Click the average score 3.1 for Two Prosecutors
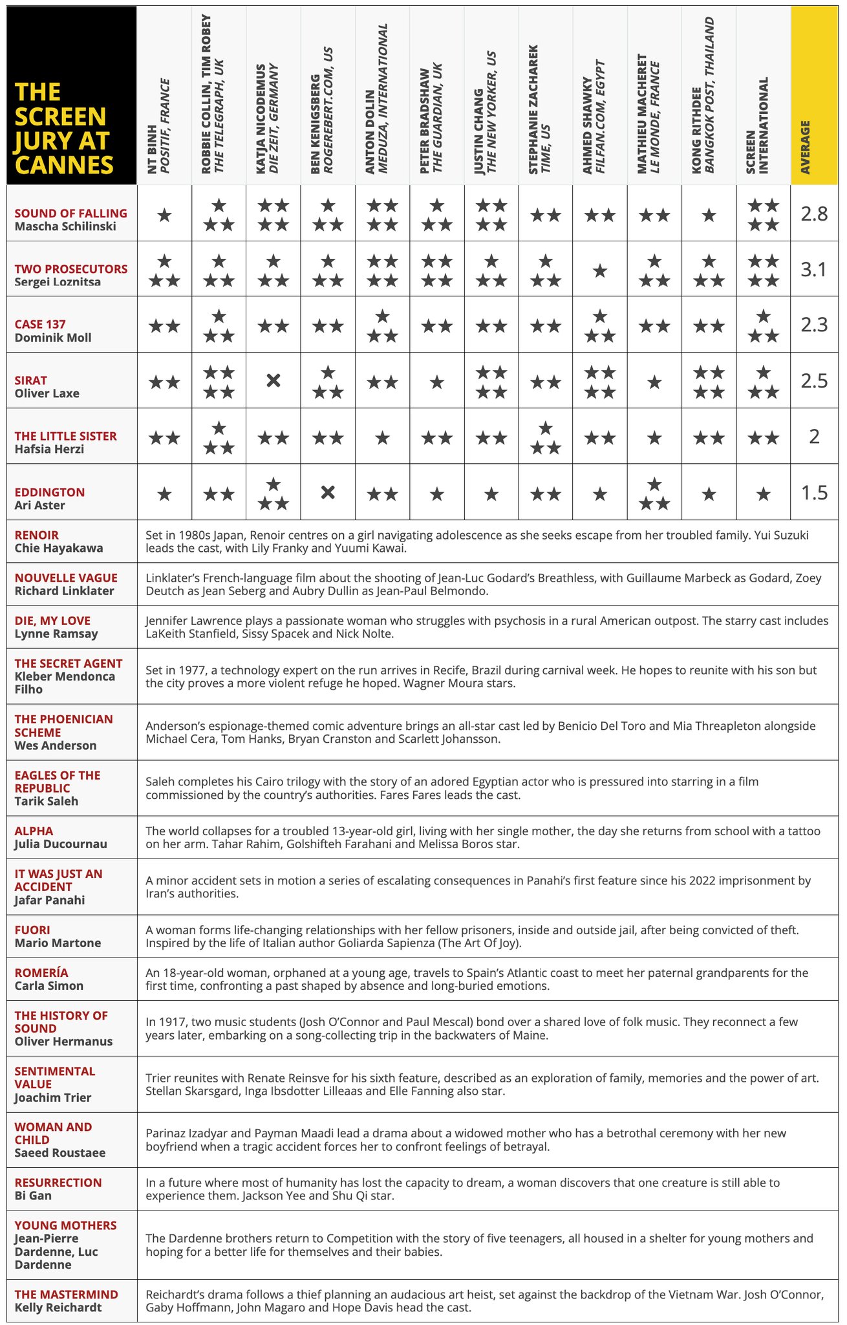tap(814, 269)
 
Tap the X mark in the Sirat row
tap(273, 380)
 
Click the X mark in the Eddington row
tap(328, 492)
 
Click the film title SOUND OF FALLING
tap(70, 214)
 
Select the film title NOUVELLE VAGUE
tap(66, 578)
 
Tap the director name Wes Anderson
tap(56, 745)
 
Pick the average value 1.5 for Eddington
tap(814, 493)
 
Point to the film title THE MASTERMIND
tap(66, 1294)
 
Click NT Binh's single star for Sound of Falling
tap(164, 215)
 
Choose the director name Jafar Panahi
tap(50, 900)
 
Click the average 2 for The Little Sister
tap(814, 437)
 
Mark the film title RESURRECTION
tap(58, 1183)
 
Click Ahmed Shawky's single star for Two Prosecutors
tap(600, 270)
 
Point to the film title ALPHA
tap(34, 831)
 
